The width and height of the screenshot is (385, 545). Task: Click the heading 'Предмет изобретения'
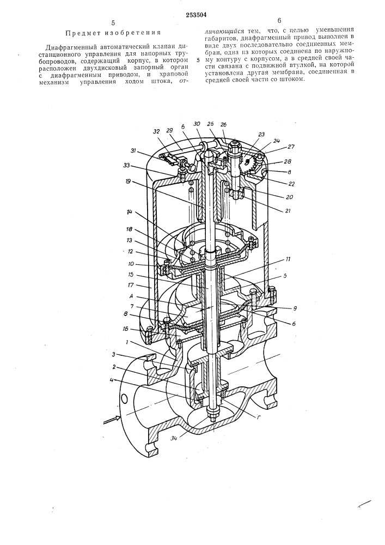click(x=113, y=33)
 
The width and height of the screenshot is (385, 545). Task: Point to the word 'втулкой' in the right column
click(x=319, y=65)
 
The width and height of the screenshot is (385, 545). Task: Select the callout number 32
click(x=156, y=132)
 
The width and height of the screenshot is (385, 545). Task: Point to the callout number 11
click(x=289, y=259)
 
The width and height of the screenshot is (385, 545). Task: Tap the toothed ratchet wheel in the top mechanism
click(x=250, y=162)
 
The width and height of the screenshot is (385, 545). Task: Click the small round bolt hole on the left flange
click(x=124, y=398)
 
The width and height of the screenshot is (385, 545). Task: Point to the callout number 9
click(x=294, y=308)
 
